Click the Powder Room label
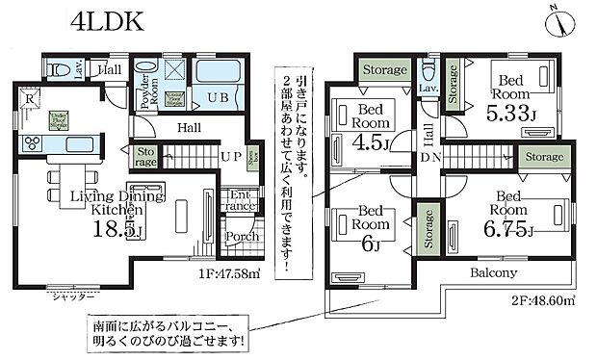click(143, 85)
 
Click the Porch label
click(239, 237)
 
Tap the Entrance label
click(239, 201)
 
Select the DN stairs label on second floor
click(428, 158)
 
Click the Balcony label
click(494, 273)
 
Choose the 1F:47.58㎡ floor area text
click(222, 272)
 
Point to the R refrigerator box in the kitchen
click(30, 98)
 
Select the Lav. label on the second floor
click(428, 89)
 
